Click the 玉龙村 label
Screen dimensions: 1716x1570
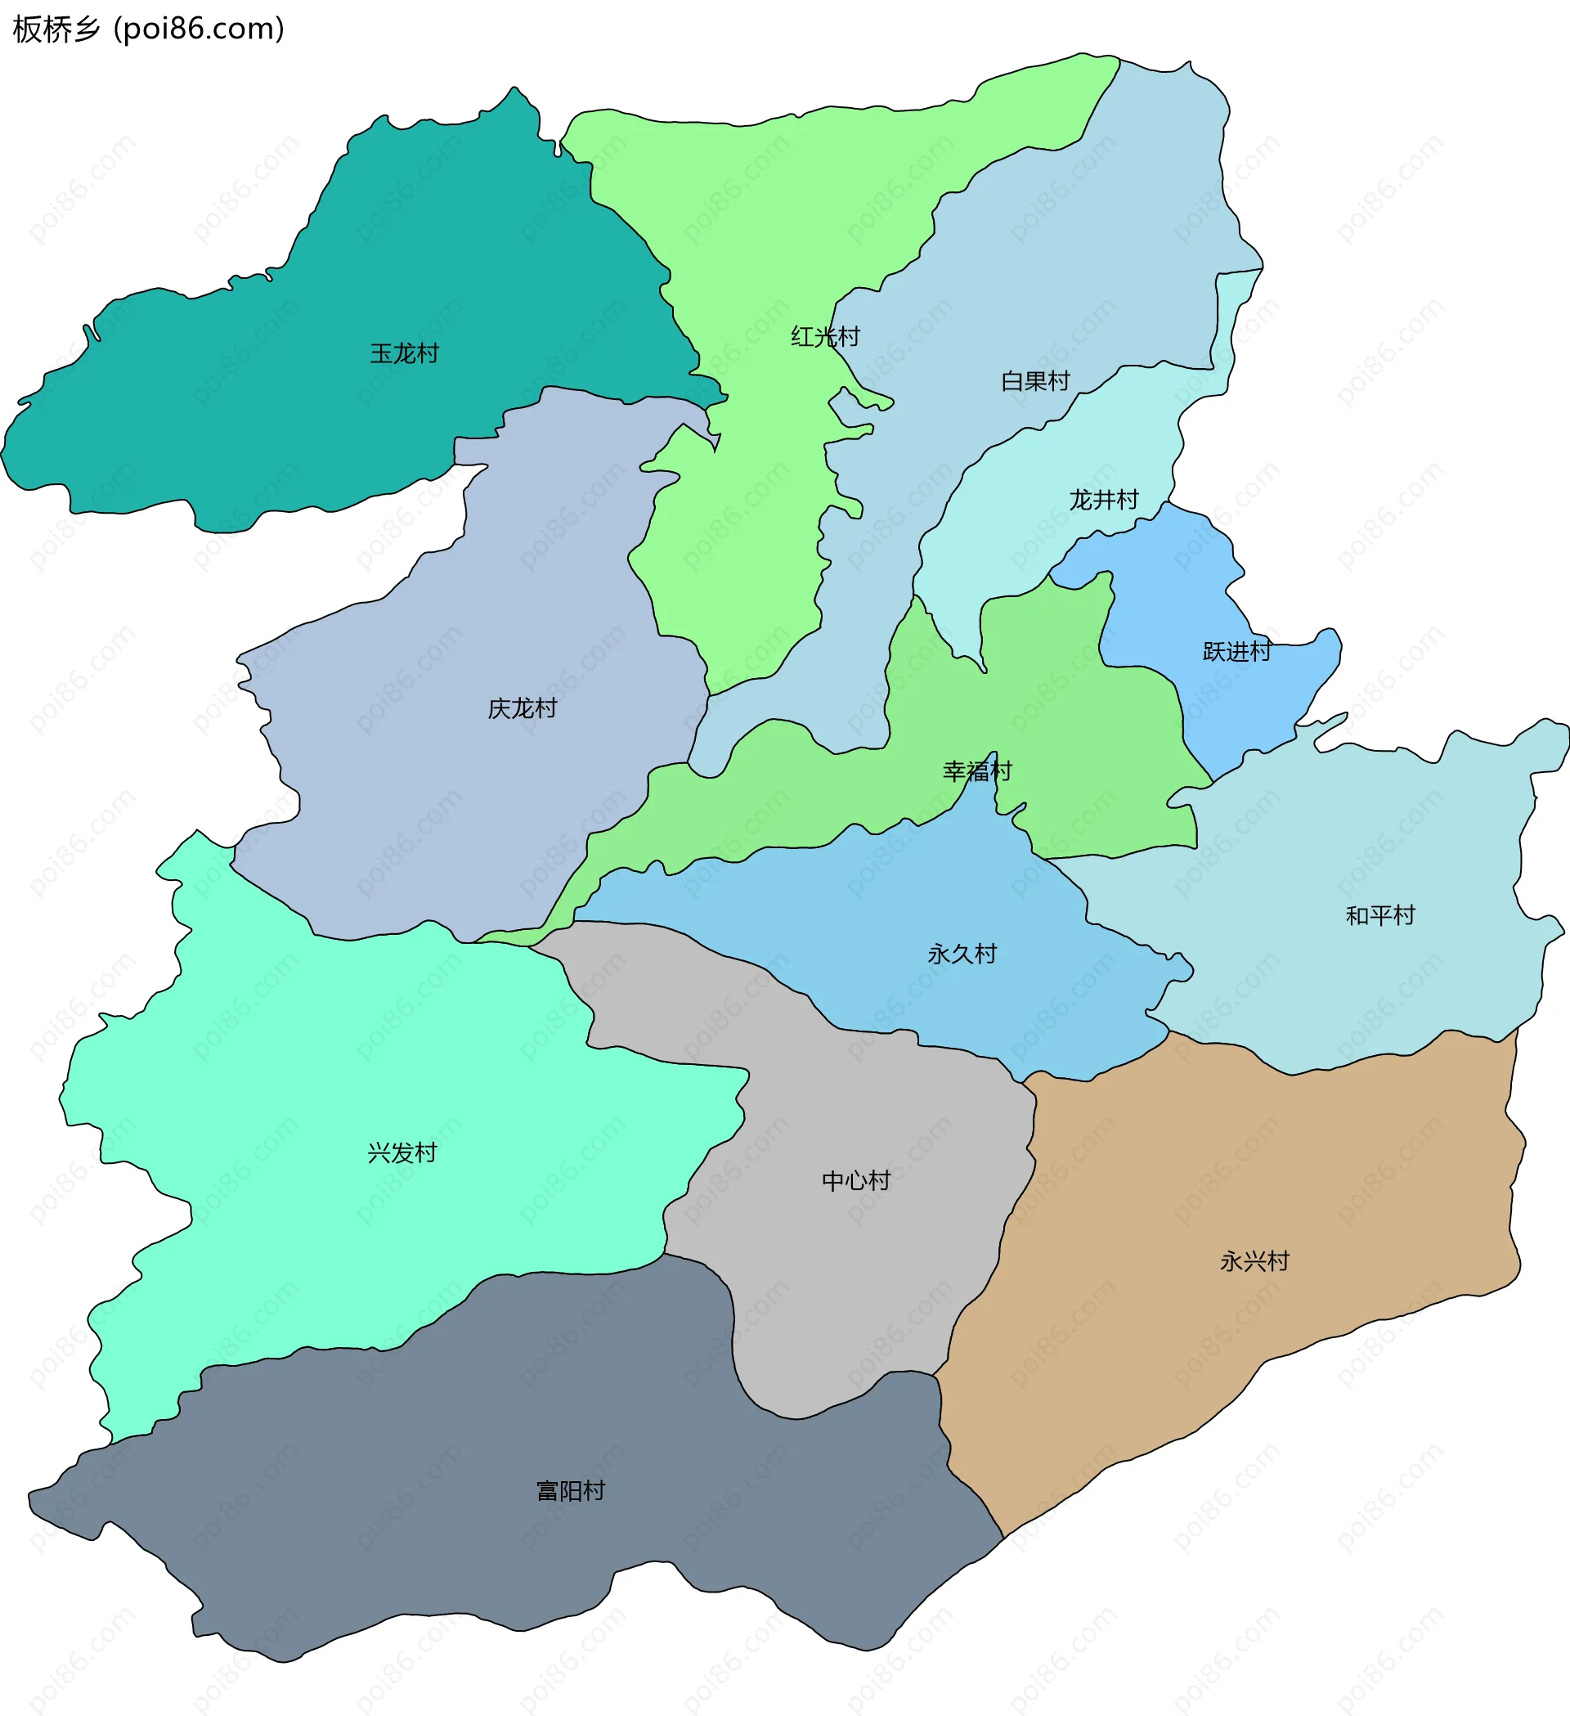404,353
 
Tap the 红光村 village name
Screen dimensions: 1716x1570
824,337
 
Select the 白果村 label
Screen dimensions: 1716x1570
1034,380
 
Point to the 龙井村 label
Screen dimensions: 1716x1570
1104,500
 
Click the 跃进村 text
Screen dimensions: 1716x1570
1236,651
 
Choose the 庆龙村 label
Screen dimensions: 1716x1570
522,708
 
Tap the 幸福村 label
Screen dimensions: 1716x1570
977,771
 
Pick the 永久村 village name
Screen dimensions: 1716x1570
962,954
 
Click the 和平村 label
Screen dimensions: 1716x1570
1379,915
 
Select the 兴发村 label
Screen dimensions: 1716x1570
401,1152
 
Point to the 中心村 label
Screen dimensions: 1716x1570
856,1180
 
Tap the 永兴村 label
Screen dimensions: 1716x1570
1254,1260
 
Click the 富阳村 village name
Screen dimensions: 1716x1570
570,1490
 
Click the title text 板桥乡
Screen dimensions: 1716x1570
56,29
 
